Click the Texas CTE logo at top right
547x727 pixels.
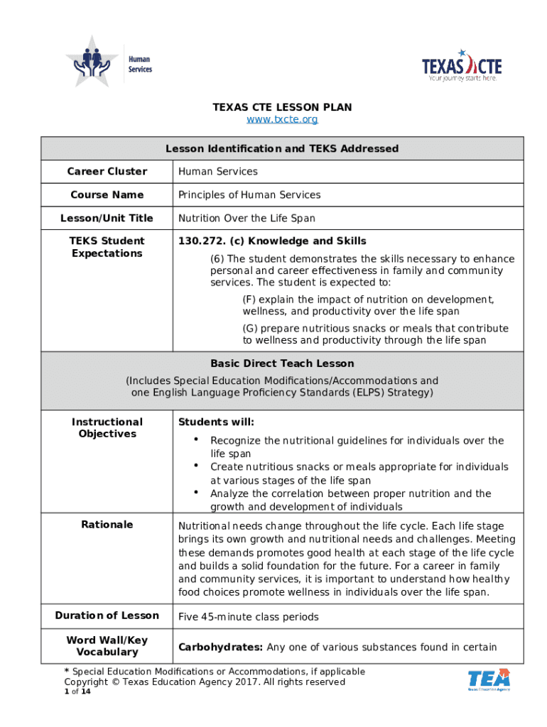click(461, 66)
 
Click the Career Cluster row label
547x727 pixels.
click(107, 171)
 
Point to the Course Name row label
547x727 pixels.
click(107, 195)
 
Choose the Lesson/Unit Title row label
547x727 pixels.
click(107, 218)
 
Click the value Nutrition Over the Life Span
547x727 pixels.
click(247, 218)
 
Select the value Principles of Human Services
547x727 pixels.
click(249, 195)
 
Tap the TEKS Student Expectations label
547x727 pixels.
click(107, 247)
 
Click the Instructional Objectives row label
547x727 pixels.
click(107, 427)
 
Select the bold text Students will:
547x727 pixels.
click(216, 422)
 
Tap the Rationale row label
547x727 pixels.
click(107, 524)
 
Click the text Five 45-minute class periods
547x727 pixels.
click(249, 616)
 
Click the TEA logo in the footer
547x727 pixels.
click(489, 679)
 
